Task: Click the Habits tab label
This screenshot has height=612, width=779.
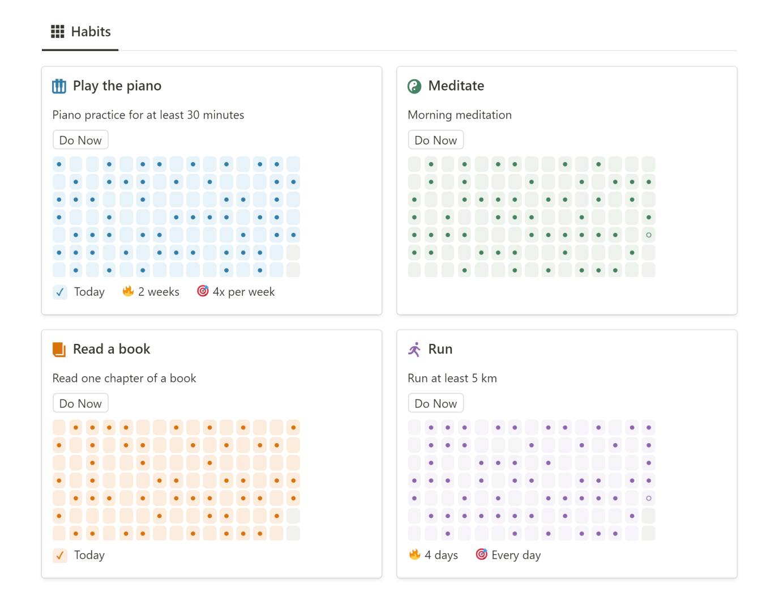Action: pos(91,32)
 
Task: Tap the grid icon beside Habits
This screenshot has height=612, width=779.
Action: pos(58,32)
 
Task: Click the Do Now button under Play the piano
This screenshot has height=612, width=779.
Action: pos(80,141)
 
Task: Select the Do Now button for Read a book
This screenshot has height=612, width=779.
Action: pos(80,404)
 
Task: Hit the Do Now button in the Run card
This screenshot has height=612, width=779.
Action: pos(435,404)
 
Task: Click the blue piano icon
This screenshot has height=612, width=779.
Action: pos(59,86)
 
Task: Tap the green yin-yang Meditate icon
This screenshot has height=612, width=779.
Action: pos(414,86)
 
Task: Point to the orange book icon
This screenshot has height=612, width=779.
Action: pos(59,350)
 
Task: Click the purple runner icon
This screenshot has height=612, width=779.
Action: pos(414,350)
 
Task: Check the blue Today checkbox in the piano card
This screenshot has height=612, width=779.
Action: pos(60,292)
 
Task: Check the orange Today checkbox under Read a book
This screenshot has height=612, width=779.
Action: pos(60,556)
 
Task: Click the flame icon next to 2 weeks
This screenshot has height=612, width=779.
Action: pos(129,291)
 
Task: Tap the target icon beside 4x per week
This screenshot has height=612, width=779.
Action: pos(203,291)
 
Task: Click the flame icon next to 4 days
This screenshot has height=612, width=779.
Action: pos(415,554)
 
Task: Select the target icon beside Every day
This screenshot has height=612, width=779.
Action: pos(481,554)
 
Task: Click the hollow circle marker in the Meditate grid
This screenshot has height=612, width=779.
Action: pos(649,235)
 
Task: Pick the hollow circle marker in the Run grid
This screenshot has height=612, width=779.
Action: pos(649,498)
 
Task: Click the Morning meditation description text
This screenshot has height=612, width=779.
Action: pos(459,115)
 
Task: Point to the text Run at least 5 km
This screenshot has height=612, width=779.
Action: pos(452,379)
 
